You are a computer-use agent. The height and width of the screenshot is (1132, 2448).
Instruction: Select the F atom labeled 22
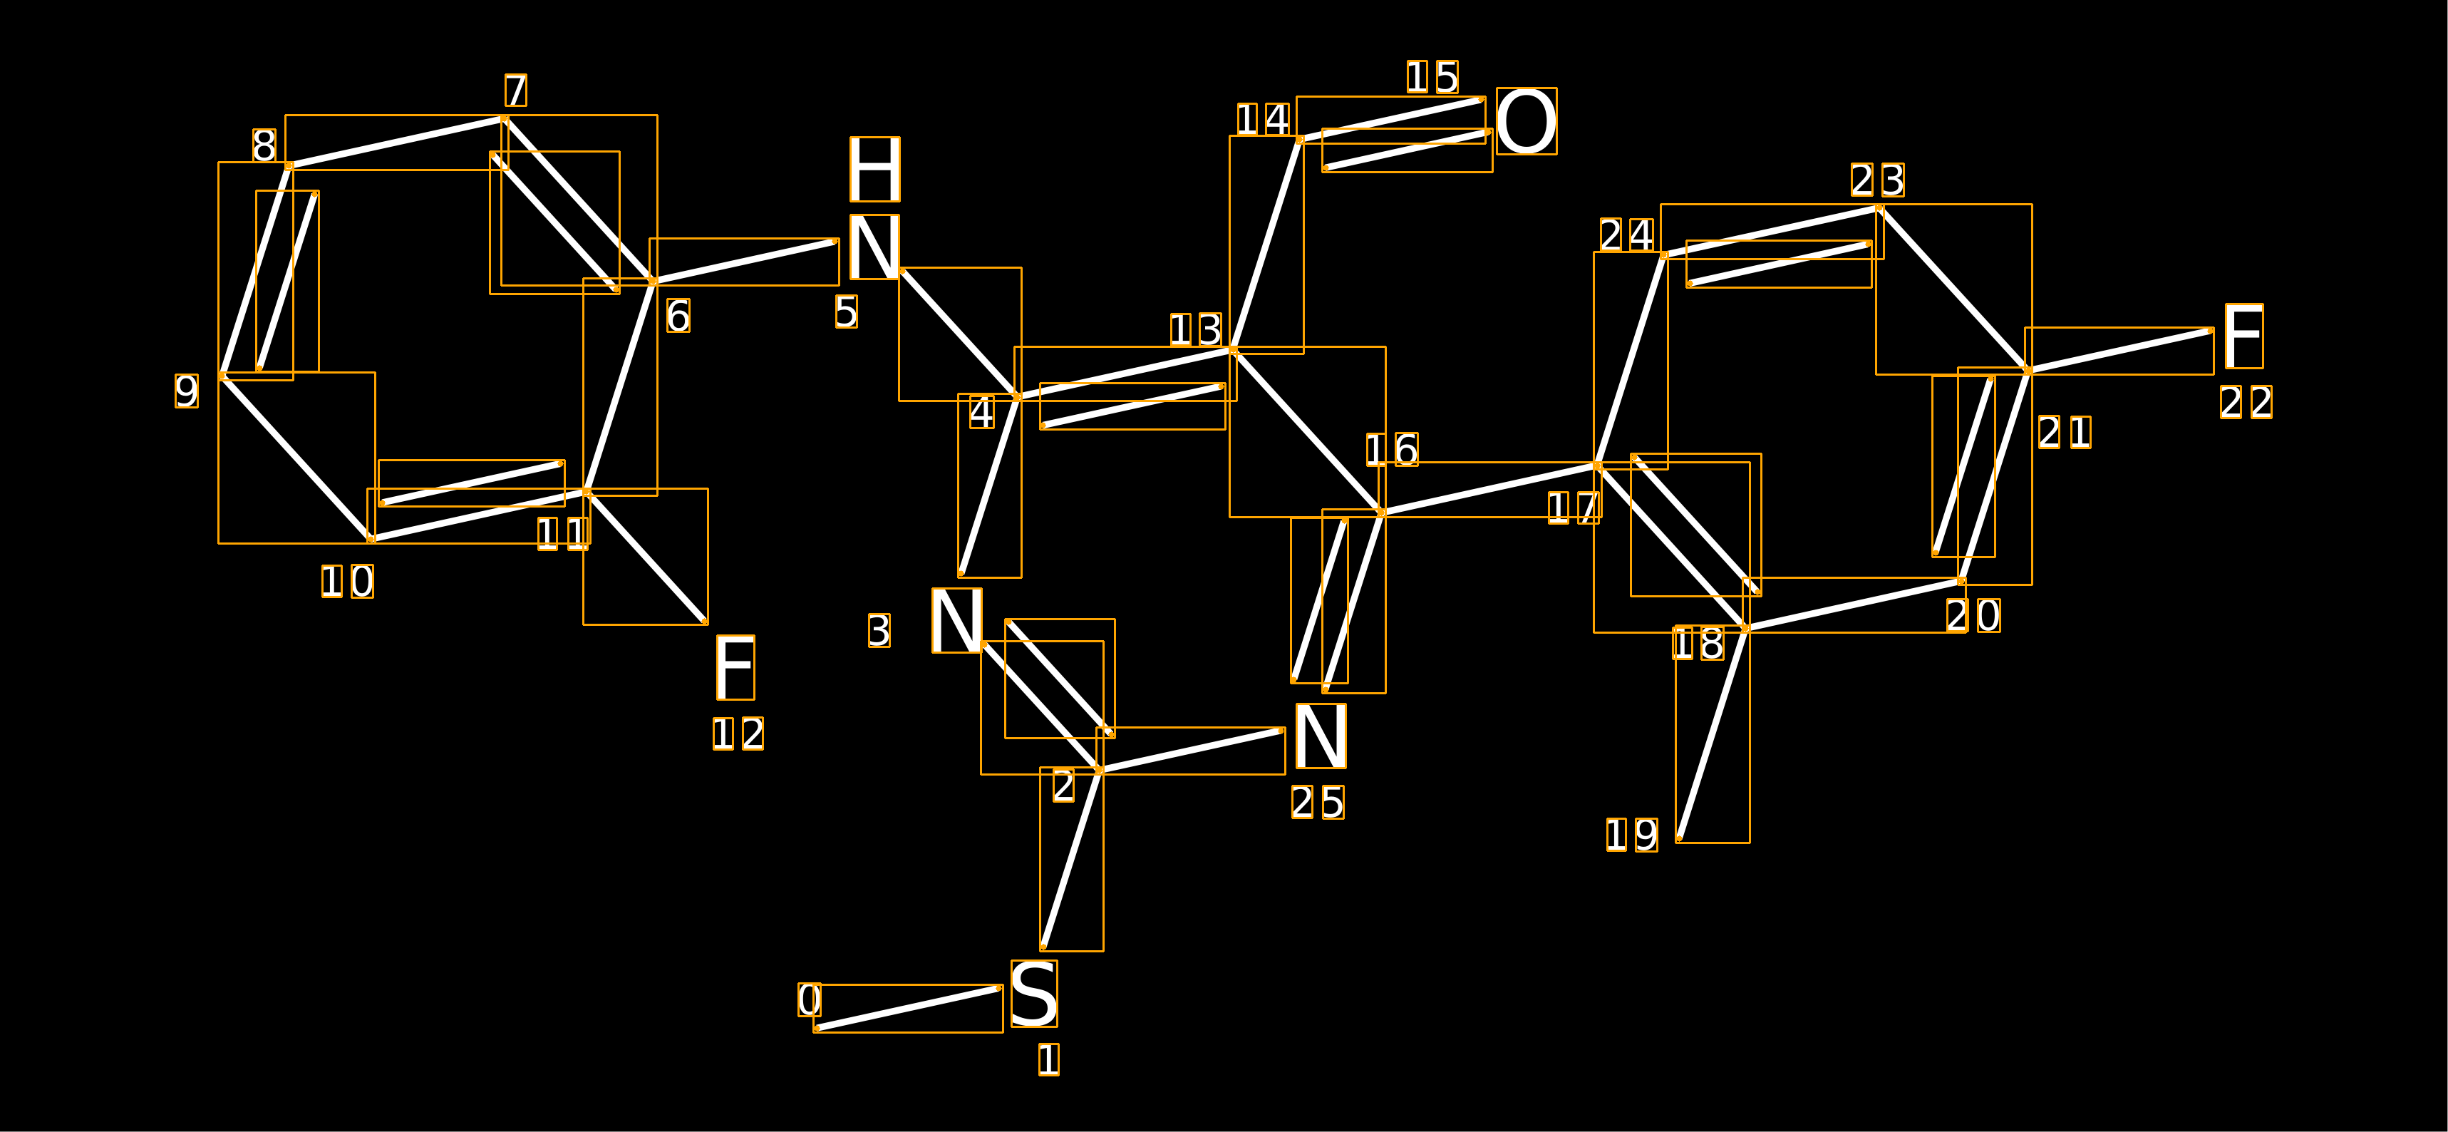2243,336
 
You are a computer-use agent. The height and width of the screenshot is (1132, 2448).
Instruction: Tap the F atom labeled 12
735,667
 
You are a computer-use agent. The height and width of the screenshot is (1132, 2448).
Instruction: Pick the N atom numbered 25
1321,736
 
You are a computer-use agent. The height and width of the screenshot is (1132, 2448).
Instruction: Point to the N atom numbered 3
956,621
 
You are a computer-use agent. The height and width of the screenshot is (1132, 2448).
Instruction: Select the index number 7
515,91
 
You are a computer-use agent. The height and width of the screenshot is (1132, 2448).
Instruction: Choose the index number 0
810,1000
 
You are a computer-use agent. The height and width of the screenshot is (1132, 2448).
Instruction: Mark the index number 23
1878,180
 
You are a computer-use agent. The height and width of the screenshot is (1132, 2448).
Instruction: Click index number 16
1393,450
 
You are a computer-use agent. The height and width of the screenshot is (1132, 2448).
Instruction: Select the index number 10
348,582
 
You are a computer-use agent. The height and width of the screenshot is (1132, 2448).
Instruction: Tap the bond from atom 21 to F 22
2119,351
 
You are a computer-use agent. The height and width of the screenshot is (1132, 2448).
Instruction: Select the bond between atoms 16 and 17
1489,490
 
